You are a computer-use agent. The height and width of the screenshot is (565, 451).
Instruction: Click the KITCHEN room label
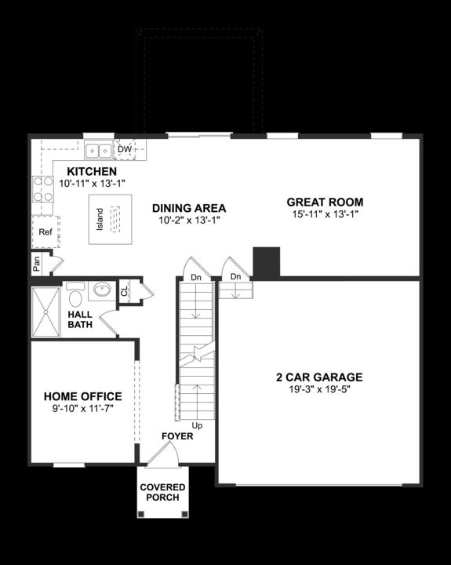(92, 171)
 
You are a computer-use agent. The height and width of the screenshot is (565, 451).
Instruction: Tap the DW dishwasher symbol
(125, 149)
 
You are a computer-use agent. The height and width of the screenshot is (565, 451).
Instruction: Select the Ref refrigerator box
(45, 232)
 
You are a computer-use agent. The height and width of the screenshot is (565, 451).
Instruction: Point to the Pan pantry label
(37, 264)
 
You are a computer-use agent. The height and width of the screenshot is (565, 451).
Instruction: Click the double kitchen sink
(98, 148)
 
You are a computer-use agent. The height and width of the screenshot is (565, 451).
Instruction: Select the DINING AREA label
(189, 208)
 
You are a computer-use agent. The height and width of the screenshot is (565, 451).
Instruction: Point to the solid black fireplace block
(266, 262)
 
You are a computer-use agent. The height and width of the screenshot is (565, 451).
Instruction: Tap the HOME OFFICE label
(82, 396)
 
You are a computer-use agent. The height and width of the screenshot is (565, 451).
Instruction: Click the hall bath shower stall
(45, 312)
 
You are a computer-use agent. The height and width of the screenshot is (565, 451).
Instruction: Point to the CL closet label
(125, 291)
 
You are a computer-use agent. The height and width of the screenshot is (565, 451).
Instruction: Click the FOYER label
(176, 436)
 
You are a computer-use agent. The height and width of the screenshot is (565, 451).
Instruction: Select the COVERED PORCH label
(163, 492)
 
